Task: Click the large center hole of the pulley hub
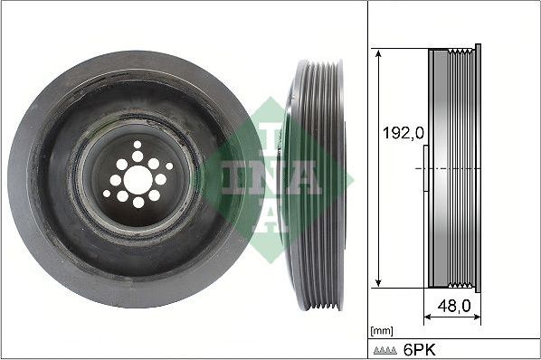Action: tap(138, 179)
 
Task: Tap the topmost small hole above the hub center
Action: tap(138, 144)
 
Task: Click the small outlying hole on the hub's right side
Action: tap(169, 166)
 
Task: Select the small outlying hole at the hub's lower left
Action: tap(107, 193)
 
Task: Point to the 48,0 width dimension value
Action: tap(454, 307)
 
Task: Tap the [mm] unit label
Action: tap(382, 330)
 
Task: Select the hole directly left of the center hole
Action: tap(115, 180)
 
